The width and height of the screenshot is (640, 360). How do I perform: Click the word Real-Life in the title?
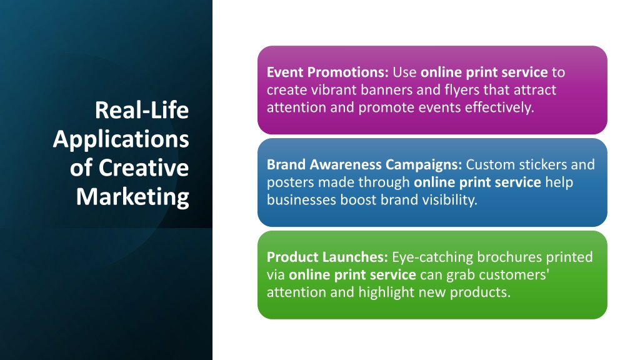(x=142, y=110)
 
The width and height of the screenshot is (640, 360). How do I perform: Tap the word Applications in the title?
(x=121, y=139)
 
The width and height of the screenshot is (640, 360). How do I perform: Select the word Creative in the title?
(x=144, y=167)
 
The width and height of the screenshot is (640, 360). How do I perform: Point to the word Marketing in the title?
(x=132, y=197)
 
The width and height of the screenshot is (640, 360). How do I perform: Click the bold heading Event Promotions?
(x=327, y=72)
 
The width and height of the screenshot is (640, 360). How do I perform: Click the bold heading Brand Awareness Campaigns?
(x=364, y=165)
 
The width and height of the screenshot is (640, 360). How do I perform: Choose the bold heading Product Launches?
(x=327, y=257)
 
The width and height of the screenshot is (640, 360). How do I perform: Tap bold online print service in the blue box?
(x=477, y=182)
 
